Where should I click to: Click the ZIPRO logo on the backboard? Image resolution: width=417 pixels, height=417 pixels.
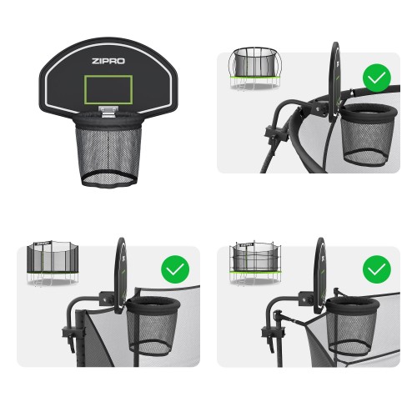pos(108,61)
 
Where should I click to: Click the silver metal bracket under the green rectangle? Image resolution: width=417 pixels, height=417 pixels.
pos(108,111)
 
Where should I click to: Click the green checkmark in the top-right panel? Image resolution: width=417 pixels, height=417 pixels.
pos(377,78)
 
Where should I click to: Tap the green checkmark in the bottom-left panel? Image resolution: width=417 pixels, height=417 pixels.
pos(175,269)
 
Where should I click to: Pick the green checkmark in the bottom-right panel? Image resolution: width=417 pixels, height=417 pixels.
pos(377,269)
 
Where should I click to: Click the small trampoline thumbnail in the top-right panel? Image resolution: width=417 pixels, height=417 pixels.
pos(254,68)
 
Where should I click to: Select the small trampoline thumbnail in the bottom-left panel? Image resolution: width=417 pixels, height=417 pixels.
pos(53,264)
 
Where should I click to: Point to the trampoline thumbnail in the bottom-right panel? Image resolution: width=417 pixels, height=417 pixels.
pos(255,264)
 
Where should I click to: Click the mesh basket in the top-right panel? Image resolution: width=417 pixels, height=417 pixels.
pos(367,136)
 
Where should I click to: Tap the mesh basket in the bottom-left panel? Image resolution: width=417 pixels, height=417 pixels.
pos(153,326)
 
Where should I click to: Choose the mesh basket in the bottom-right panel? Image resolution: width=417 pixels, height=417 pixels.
pos(353,326)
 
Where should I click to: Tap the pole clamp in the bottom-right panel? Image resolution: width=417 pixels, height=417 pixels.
pos(273,334)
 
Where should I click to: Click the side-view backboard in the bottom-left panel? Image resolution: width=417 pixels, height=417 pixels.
pos(120,275)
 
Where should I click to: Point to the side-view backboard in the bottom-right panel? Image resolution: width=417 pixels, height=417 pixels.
pos(320,275)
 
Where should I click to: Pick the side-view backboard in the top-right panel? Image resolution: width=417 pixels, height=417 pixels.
pos(334,82)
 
